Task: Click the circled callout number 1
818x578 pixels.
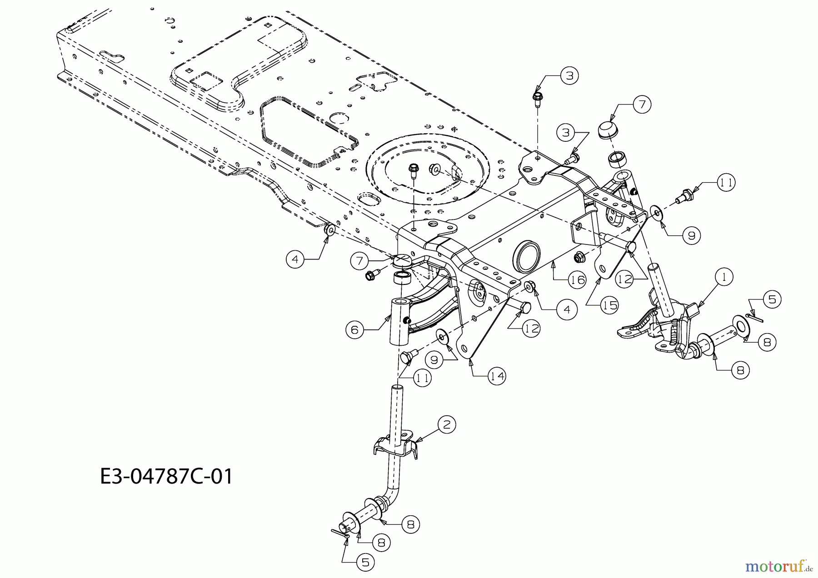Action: pos(724,276)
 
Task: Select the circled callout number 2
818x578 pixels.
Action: pos(447,424)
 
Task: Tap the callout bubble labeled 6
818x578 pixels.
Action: pos(354,329)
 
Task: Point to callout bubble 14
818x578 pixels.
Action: pos(497,376)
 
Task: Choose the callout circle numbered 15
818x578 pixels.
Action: pos(609,305)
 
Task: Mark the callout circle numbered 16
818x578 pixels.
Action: pos(577,279)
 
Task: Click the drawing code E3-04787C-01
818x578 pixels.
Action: pos(166,477)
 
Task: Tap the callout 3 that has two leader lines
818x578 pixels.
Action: pos(566,132)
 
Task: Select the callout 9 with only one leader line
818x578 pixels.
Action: pos(691,235)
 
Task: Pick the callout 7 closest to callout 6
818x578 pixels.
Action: pos(359,261)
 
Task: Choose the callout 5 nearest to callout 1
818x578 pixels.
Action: pos(772,299)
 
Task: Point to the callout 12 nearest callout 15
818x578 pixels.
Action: pos(625,279)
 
